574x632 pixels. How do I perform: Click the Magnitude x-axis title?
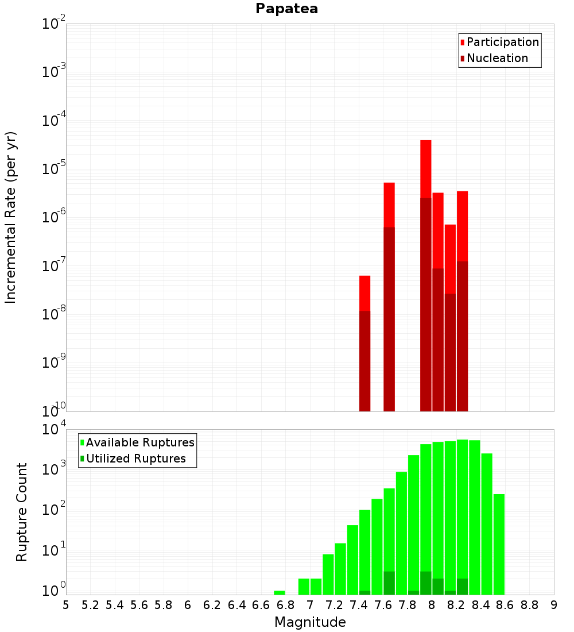pyautogui.click(x=310, y=622)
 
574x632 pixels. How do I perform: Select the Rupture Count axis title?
pyautogui.click(x=22, y=512)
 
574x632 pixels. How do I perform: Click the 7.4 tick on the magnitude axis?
pyautogui.click(x=359, y=605)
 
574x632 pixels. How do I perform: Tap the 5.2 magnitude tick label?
pyautogui.click(x=90, y=605)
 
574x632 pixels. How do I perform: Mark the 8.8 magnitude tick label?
pyautogui.click(x=529, y=605)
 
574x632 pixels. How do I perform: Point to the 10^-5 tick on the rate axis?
pyautogui.click(x=55, y=169)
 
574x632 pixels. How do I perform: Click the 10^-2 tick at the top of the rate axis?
pyautogui.click(x=55, y=24)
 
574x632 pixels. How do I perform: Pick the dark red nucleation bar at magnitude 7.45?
pyautogui.click(x=364, y=362)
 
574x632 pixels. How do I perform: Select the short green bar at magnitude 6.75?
pyautogui.click(x=280, y=592)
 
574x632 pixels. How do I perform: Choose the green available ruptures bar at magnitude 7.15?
pyautogui.click(x=328, y=575)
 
